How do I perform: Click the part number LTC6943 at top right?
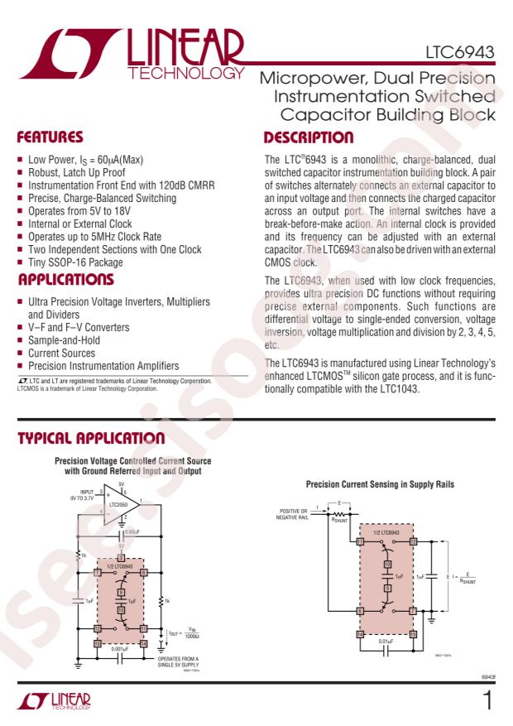coord(463,54)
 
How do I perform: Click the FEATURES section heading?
coord(50,137)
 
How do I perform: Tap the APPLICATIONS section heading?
coord(67,280)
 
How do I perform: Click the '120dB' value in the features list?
coord(162,185)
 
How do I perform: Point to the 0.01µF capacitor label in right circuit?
coord(386,641)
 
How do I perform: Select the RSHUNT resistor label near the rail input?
coord(341,521)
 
